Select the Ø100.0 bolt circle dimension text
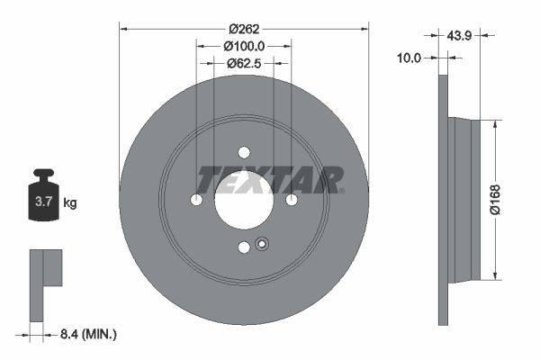tap(244, 45)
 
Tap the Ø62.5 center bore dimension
tap(243, 64)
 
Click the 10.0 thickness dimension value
tap(409, 58)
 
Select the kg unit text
tap(70, 203)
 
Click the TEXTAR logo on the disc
tap(269, 180)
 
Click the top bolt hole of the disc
tap(244, 152)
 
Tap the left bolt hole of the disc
tap(197, 200)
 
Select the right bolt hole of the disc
tap(291, 200)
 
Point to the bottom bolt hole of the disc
tap(244, 247)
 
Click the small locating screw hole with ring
tap(262, 243)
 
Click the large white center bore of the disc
tap(244, 200)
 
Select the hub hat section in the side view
tap(464, 199)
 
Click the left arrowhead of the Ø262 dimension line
tap(123, 29)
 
